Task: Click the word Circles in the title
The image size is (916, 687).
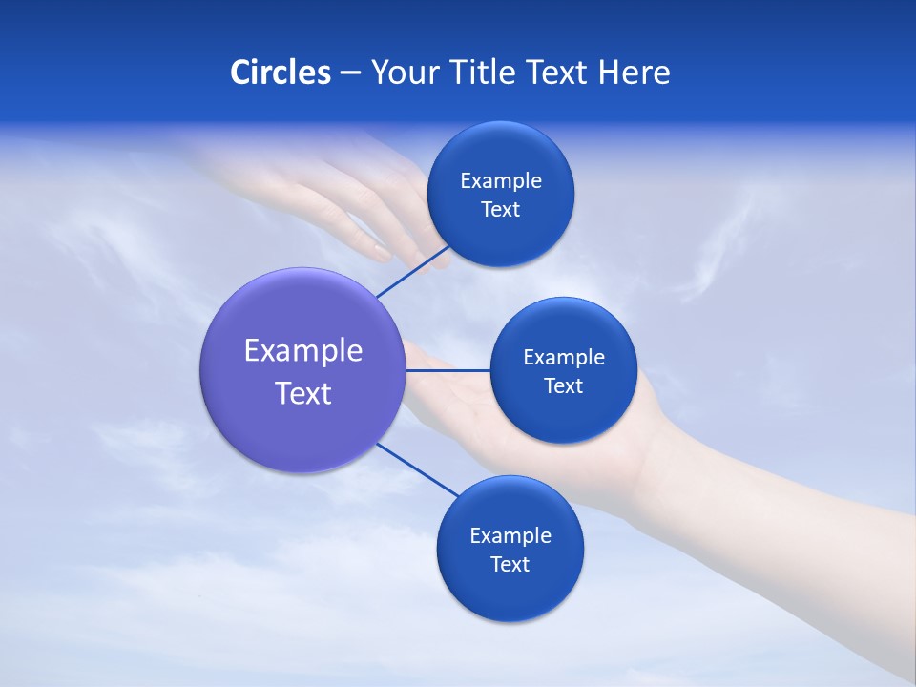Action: (x=280, y=73)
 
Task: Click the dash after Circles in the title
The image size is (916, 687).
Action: (x=350, y=73)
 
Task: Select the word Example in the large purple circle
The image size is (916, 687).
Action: (x=303, y=351)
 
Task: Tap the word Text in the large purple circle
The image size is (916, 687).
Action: (x=303, y=393)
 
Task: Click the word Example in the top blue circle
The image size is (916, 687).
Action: (x=501, y=181)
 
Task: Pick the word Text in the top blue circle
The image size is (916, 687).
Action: (x=501, y=210)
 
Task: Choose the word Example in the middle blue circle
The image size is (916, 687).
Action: (x=564, y=358)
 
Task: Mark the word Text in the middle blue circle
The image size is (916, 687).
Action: (x=564, y=386)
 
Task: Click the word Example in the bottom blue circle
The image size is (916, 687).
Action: (x=510, y=536)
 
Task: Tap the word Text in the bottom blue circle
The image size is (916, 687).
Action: (x=510, y=565)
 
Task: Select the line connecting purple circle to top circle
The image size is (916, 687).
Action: (x=412, y=272)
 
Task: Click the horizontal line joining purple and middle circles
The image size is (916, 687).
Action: (x=447, y=370)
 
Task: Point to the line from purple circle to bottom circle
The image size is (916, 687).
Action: (x=418, y=469)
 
